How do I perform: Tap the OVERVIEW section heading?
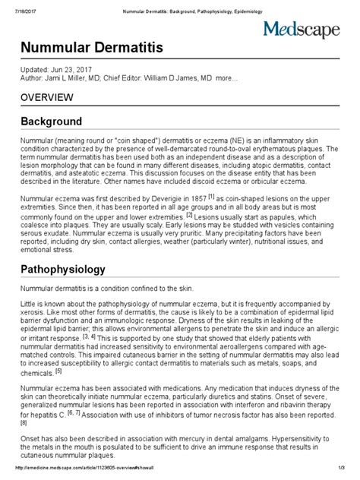click(x=46, y=97)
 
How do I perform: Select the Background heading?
click(x=51, y=122)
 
